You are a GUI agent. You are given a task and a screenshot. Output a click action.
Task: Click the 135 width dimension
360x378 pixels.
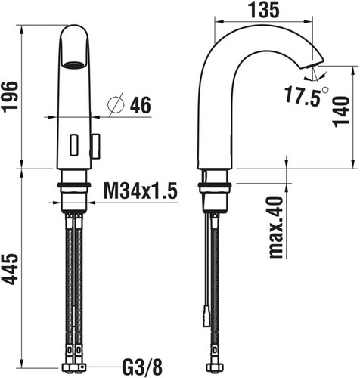pos(265,11)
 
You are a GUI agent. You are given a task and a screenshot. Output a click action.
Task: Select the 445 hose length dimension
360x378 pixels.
pos(10,269)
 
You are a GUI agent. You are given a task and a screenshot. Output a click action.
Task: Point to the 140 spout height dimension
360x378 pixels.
pos(341,112)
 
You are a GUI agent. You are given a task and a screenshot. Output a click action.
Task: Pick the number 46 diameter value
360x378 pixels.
pos(141,105)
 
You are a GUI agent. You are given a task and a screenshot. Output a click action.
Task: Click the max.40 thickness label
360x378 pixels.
pos(276,227)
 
